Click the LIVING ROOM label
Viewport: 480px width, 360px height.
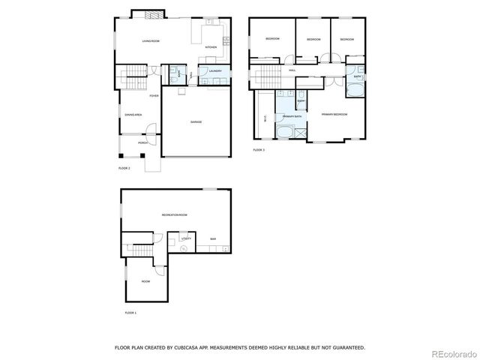(151, 40)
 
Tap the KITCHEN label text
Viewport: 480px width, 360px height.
(211, 46)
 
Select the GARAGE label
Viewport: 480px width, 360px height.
(196, 122)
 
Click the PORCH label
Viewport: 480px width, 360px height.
(143, 142)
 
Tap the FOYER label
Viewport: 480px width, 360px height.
(153, 97)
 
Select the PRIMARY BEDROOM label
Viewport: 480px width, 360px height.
(334, 114)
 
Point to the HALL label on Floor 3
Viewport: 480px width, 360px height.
(291, 70)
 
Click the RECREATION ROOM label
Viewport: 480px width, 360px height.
(174, 215)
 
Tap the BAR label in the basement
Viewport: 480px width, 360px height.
(212, 239)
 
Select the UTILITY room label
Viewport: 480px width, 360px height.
(185, 238)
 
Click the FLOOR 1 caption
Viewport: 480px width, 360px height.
(130, 312)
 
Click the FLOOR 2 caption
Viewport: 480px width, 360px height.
(124, 168)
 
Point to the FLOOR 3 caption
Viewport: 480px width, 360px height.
(259, 150)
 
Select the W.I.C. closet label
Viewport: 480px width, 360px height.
(265, 118)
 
